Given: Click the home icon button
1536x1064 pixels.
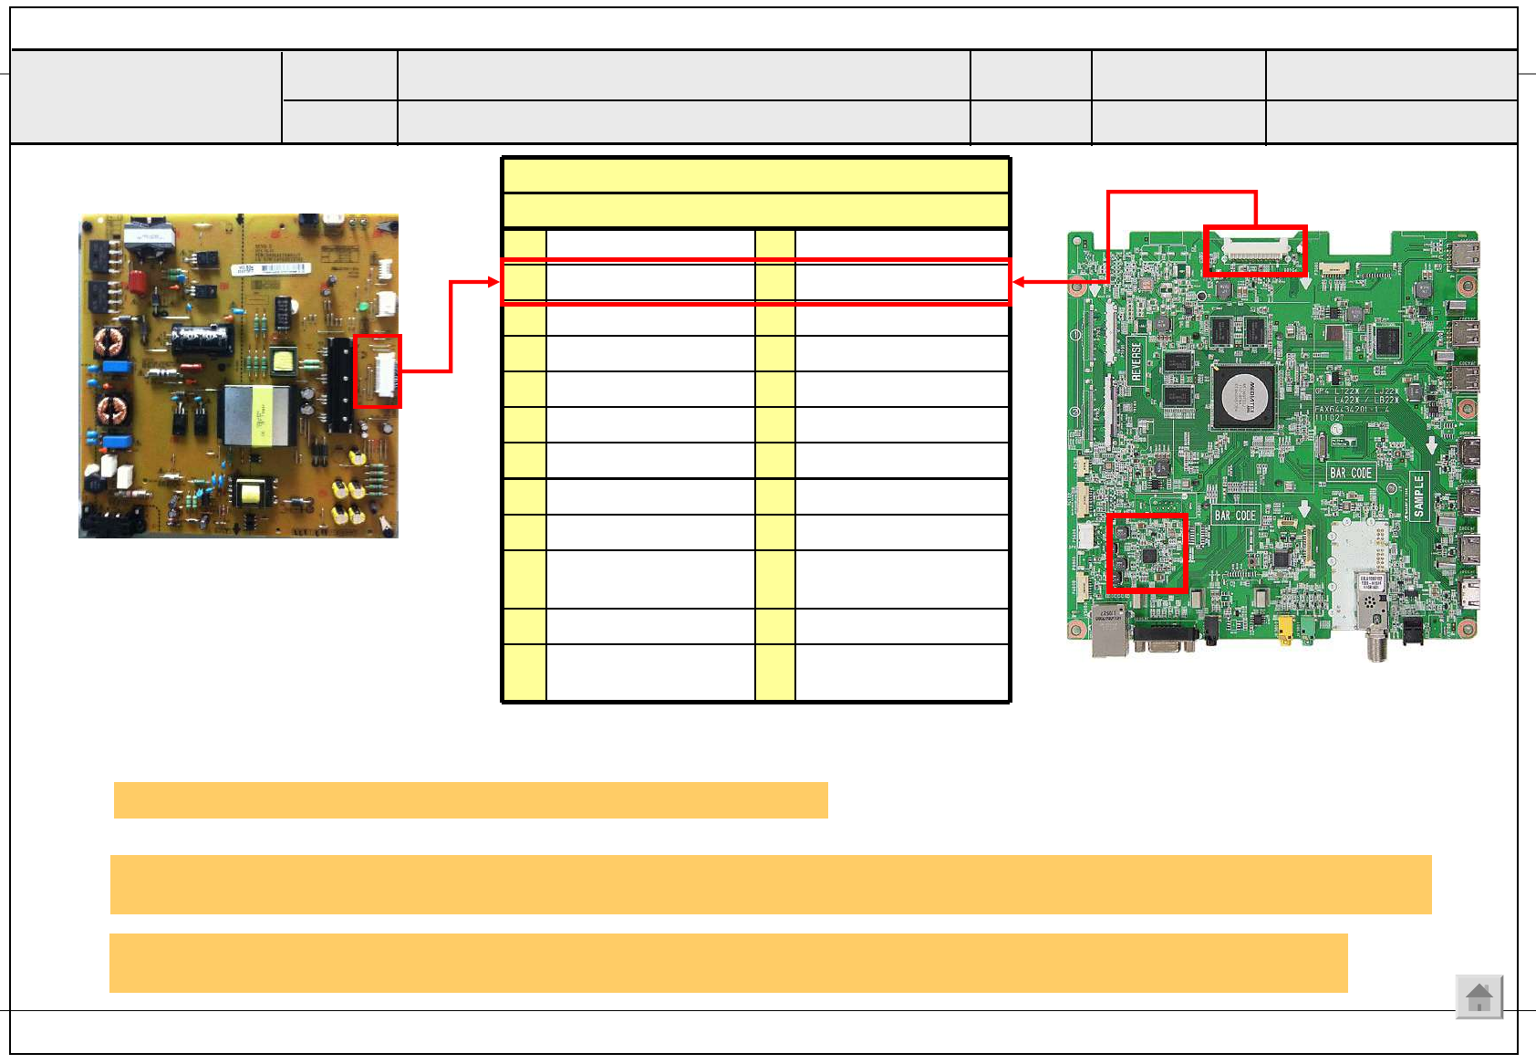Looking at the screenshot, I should (x=1479, y=996).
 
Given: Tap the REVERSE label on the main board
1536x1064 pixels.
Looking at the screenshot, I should (x=1136, y=360).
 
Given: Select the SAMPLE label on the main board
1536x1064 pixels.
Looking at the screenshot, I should (x=1418, y=496).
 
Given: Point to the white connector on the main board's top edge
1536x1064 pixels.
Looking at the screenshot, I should (x=1255, y=249).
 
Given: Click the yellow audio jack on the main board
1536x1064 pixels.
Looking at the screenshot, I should (x=1285, y=629).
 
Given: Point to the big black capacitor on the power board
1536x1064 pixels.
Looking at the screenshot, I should (x=202, y=339).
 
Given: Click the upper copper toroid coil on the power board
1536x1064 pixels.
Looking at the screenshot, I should (x=110, y=343).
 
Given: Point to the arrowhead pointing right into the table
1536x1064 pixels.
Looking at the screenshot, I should (x=494, y=282).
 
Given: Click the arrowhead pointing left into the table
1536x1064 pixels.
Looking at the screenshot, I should (x=1019, y=282).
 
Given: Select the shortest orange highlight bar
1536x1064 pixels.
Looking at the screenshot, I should (x=471, y=800).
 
